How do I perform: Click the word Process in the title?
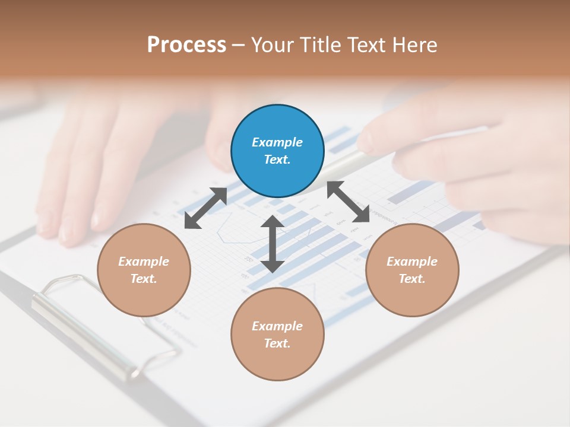pyautogui.click(x=186, y=45)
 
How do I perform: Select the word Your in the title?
pyautogui.click(x=273, y=45)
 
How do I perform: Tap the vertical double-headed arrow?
pyautogui.click(x=272, y=244)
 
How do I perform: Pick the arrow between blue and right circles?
pyautogui.click(x=348, y=202)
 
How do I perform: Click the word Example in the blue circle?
pyautogui.click(x=277, y=142)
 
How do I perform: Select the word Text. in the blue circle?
pyautogui.click(x=277, y=160)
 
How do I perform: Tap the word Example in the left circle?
pyautogui.click(x=144, y=262)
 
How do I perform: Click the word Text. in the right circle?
pyautogui.click(x=412, y=279)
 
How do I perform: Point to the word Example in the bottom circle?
pyautogui.click(x=277, y=326)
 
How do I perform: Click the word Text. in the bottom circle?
pyautogui.click(x=277, y=343)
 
